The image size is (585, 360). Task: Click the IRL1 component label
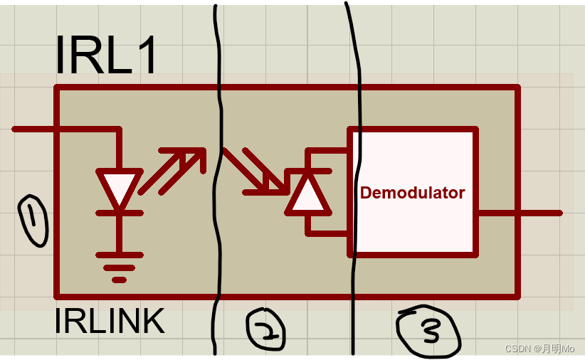pyautogui.click(x=107, y=55)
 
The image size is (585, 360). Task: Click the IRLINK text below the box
pyautogui.click(x=109, y=322)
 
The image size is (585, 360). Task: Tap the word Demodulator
pyautogui.click(x=412, y=193)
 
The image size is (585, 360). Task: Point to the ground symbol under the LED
pyautogui.click(x=119, y=267)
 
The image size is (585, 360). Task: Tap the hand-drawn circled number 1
pyautogui.click(x=33, y=221)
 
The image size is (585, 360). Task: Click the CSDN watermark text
pyautogui.click(x=539, y=349)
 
